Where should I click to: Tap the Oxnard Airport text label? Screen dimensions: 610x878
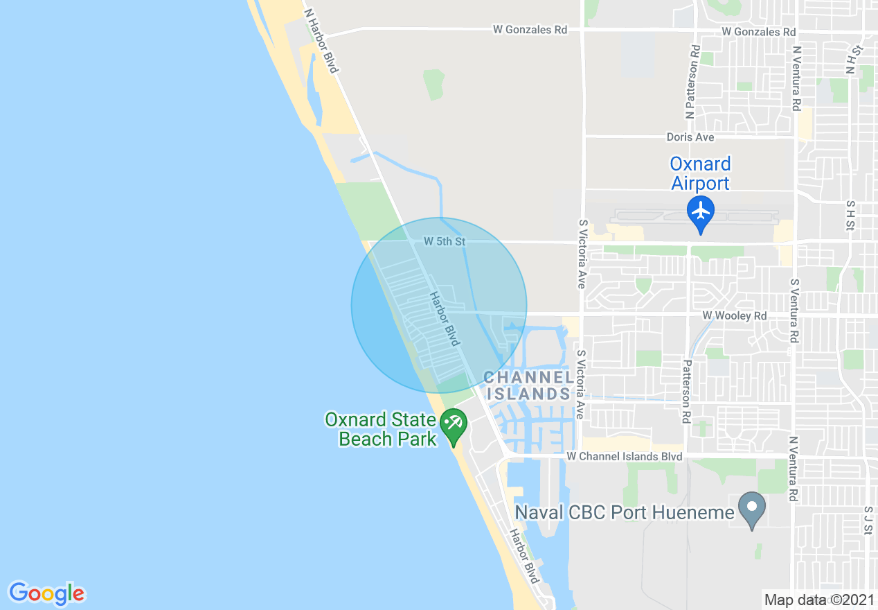[x=700, y=173]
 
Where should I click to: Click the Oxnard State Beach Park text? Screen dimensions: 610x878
[x=381, y=429]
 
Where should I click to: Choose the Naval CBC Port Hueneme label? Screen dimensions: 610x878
[x=624, y=512]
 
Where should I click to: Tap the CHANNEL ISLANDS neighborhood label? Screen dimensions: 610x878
[x=529, y=385]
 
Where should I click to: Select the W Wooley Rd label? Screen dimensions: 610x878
[x=735, y=315]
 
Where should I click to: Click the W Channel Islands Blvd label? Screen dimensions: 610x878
[x=624, y=456]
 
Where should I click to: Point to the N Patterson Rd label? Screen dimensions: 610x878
[x=692, y=82]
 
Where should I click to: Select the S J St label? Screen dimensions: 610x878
[x=867, y=520]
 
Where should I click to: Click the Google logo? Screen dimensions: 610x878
[x=46, y=593]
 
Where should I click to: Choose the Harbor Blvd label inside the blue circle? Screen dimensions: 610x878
[x=445, y=319]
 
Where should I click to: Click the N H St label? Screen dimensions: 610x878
[x=851, y=58]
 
